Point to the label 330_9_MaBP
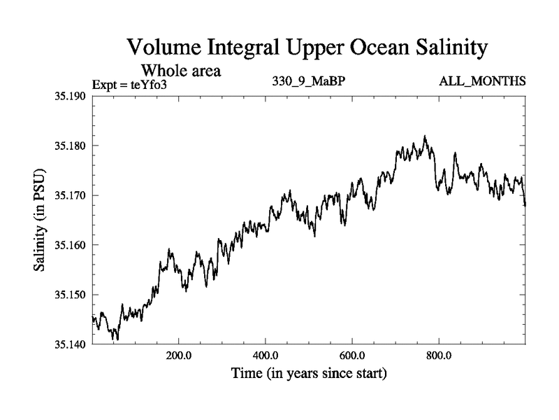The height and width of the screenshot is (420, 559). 308,82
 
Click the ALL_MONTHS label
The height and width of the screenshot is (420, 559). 482,82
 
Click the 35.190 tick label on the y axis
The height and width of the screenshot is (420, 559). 71,96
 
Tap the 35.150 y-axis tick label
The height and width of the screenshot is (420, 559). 71,295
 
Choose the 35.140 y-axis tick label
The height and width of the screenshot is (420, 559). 71,344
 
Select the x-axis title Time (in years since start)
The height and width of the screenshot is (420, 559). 308,374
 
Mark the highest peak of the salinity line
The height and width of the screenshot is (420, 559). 424,136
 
